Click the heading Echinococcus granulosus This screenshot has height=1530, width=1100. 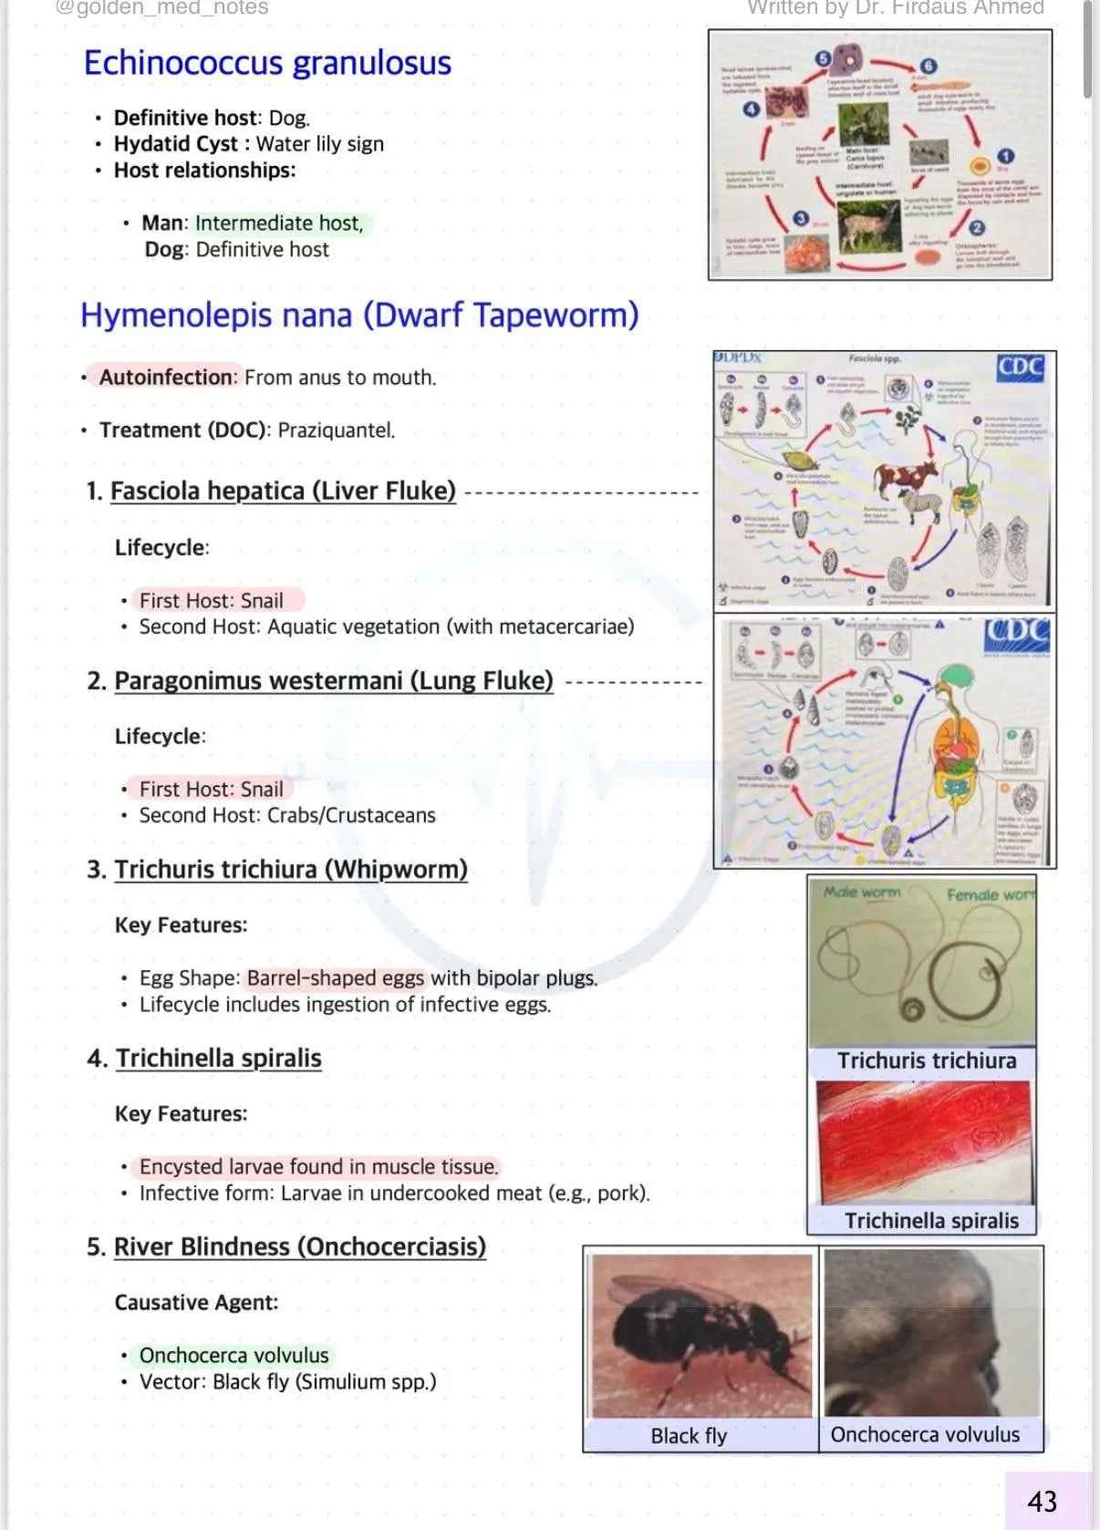(267, 63)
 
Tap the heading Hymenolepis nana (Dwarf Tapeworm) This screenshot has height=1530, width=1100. (359, 315)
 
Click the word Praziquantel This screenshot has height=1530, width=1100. (336, 430)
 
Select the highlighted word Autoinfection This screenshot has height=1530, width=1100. (166, 377)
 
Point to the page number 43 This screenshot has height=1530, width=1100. (1042, 1501)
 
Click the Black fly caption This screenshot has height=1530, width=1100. (689, 1436)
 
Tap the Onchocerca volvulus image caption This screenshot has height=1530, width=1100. (925, 1434)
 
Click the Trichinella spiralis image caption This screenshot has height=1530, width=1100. (931, 1221)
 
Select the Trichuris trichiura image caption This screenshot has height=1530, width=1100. (927, 1060)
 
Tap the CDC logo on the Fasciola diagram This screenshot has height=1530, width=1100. (1020, 367)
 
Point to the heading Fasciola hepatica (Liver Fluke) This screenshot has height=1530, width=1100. (283, 491)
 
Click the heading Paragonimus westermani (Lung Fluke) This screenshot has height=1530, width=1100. (334, 681)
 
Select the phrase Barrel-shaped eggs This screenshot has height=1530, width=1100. (336, 978)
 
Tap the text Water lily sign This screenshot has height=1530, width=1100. (319, 144)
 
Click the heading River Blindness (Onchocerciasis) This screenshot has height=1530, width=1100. (299, 1246)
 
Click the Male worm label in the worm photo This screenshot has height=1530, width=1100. (862, 892)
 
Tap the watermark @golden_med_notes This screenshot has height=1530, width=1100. (162, 8)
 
